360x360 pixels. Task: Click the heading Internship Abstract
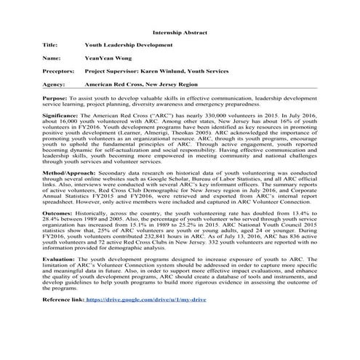coord(180,33)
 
